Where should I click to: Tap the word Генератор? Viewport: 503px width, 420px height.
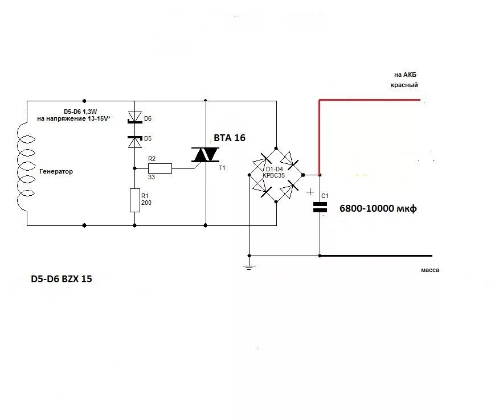coord(56,171)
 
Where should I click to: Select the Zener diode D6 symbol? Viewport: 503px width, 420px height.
coord(134,118)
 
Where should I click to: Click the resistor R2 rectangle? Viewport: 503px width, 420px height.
coord(160,168)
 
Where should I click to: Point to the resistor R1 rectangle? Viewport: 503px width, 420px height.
coord(135,200)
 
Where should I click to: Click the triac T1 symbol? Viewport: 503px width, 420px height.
coord(205,154)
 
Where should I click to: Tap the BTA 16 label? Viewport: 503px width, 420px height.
coord(230,138)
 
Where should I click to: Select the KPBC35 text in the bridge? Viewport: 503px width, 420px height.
coord(273,175)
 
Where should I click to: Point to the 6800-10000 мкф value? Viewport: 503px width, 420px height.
coord(378,209)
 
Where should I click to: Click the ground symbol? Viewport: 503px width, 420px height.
coord(248,266)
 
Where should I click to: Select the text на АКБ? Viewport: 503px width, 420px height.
coord(406,75)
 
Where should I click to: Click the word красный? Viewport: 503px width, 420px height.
coord(404,85)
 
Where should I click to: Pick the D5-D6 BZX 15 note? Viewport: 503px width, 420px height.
coord(61,279)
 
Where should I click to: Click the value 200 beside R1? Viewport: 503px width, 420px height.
coord(146,203)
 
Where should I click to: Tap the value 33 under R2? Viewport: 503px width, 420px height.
coord(152,177)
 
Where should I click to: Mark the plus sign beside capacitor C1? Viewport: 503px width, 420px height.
coord(310,191)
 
